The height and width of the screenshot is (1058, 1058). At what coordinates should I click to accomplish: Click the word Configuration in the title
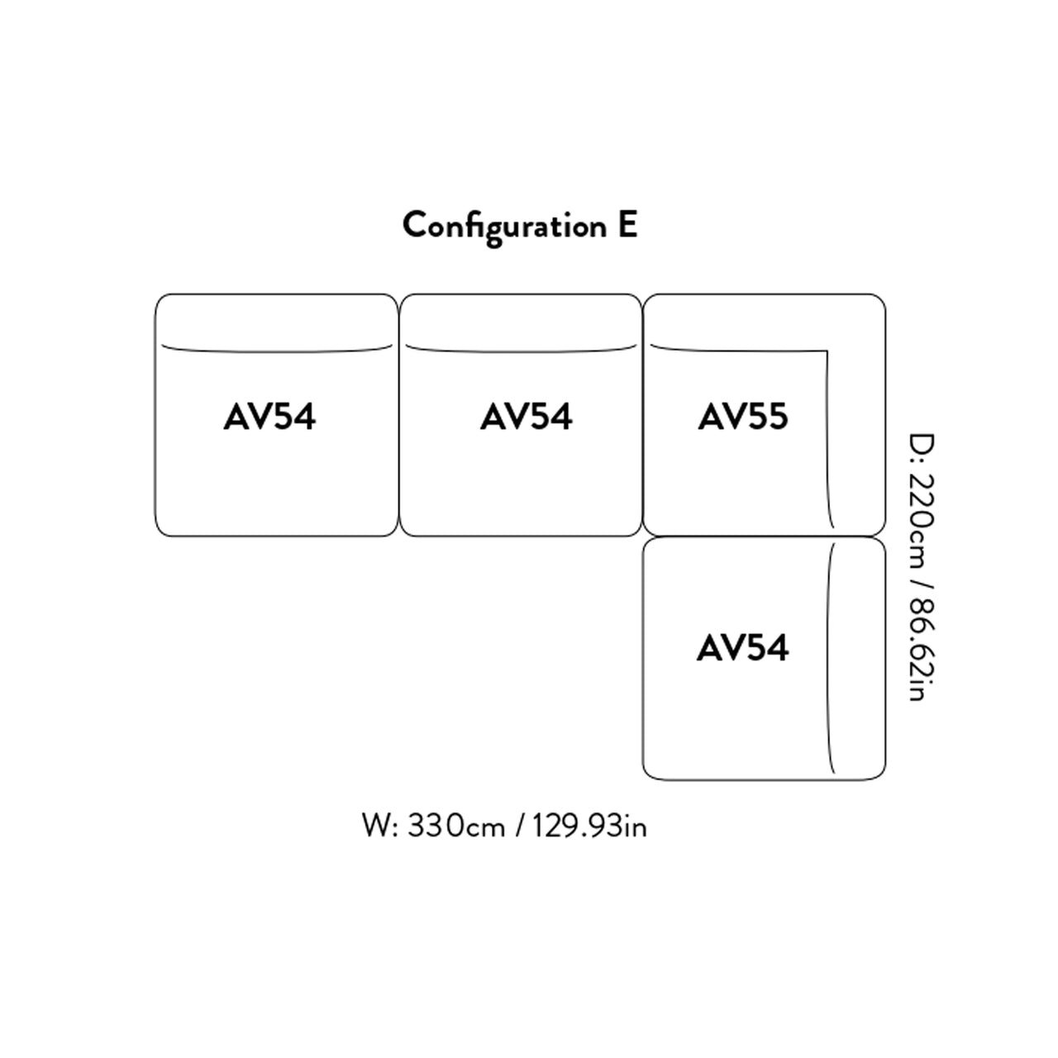(x=504, y=226)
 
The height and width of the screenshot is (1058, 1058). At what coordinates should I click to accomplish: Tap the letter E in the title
(x=627, y=225)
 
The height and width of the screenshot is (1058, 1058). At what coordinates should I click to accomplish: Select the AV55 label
(x=743, y=417)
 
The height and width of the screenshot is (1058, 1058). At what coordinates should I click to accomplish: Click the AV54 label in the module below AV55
(x=742, y=648)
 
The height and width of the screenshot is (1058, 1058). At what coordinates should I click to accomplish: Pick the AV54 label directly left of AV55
(x=526, y=417)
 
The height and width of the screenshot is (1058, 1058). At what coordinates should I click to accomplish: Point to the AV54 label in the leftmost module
(x=269, y=417)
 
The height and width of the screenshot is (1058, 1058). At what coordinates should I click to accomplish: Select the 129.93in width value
(x=589, y=825)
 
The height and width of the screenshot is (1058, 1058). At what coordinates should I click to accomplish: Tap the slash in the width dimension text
(x=519, y=825)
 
